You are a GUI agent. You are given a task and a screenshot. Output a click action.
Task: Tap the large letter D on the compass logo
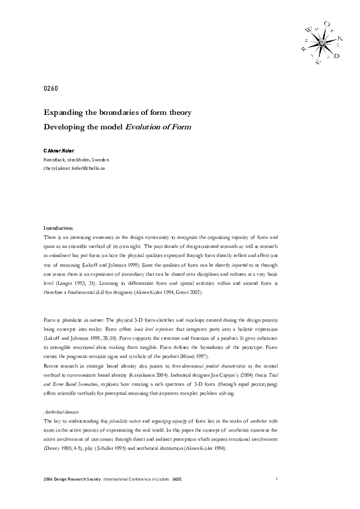(336, 56)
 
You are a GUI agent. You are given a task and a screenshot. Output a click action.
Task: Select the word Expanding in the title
(65, 112)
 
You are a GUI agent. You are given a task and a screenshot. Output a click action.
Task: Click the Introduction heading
(58, 227)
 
